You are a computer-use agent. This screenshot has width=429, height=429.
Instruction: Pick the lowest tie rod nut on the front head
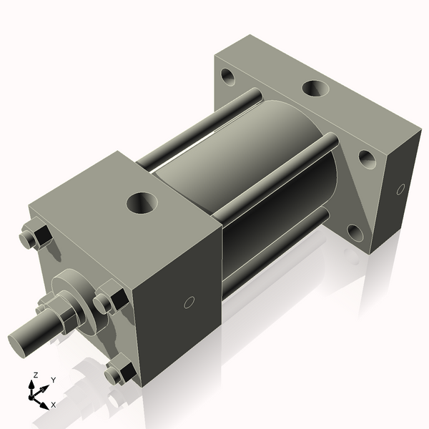pyautogui.click(x=119, y=373)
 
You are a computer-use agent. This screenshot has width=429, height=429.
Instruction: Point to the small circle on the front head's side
pyautogui.click(x=189, y=302)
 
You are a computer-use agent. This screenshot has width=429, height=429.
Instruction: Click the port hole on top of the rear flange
pyautogui.click(x=314, y=88)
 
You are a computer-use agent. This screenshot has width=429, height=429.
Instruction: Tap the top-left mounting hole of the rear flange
pyautogui.click(x=228, y=74)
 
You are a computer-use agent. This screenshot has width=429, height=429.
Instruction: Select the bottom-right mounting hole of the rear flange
pyautogui.click(x=355, y=232)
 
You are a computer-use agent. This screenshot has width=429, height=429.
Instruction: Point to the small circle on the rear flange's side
pyautogui.click(x=400, y=189)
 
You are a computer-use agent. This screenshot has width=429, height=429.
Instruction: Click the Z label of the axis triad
pyautogui.click(x=34, y=376)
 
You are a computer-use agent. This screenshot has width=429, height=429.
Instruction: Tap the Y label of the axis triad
pyautogui.click(x=54, y=380)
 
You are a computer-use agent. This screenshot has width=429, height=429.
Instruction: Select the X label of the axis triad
pyautogui.click(x=54, y=405)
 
